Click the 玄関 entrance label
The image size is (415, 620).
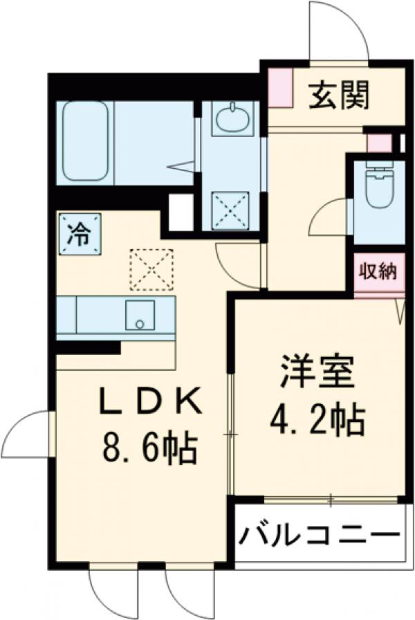pos(338,95)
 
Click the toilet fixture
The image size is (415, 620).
pos(378,187)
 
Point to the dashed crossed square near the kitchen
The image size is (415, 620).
pos(151,269)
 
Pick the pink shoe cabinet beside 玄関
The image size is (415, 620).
pos(280,87)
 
